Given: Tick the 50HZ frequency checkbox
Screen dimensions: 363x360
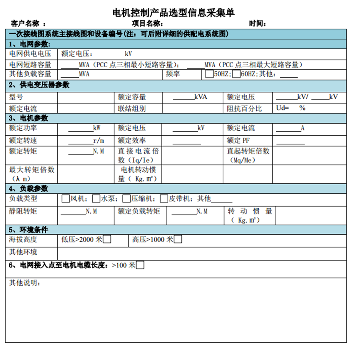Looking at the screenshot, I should click(209, 74).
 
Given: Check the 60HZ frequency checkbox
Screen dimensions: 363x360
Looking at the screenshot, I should click(236, 74).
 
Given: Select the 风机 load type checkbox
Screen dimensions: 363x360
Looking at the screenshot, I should click(65, 199).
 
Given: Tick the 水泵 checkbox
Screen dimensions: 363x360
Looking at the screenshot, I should click(96, 199).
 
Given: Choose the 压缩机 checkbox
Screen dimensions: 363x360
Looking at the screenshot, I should click(126, 199).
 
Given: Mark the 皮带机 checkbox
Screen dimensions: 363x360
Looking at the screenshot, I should click(164, 199).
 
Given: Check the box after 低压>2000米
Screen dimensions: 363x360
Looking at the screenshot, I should click(108, 240).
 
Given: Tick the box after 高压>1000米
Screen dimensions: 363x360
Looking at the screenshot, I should click(178, 240).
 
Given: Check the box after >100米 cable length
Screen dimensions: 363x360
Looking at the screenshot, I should click(140, 265).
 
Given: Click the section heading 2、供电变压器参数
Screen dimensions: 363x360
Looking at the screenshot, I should click(39, 85).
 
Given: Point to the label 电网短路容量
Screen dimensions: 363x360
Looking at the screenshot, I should click(30, 65).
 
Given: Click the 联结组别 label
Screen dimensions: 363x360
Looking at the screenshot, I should click(132, 109).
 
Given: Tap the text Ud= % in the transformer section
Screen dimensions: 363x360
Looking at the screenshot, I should click(291, 108).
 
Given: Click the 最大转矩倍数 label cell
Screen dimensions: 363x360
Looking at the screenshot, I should click(31, 174).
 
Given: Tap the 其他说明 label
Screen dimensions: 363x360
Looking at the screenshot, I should click(24, 283).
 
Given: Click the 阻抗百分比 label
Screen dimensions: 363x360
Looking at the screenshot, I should click(244, 109).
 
